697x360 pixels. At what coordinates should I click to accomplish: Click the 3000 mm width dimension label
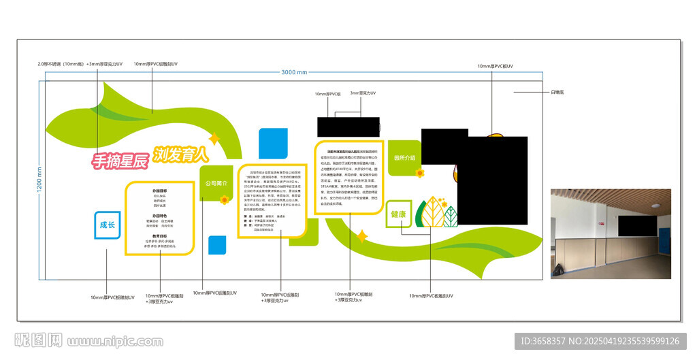click(293, 71)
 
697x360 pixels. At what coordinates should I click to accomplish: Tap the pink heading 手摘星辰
click(120, 161)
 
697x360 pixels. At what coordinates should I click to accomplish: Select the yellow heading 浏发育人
click(180, 154)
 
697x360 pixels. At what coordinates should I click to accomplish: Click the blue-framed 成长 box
click(108, 225)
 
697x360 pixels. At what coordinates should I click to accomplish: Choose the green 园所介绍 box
click(404, 159)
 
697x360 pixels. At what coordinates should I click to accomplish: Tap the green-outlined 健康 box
click(398, 214)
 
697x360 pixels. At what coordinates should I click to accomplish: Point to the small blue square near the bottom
click(217, 244)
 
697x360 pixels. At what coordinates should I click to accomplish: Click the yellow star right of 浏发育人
click(214, 139)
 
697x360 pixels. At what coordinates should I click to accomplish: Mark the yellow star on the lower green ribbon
click(362, 236)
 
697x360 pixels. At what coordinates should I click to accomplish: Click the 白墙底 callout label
click(557, 91)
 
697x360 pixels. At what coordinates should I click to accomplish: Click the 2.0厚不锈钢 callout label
click(80, 64)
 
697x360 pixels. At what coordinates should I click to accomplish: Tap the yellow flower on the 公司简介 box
click(224, 200)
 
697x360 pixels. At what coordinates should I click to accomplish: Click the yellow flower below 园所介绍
click(420, 173)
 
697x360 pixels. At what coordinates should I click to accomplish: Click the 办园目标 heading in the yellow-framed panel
click(160, 191)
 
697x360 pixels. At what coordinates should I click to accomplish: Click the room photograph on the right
click(611, 233)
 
